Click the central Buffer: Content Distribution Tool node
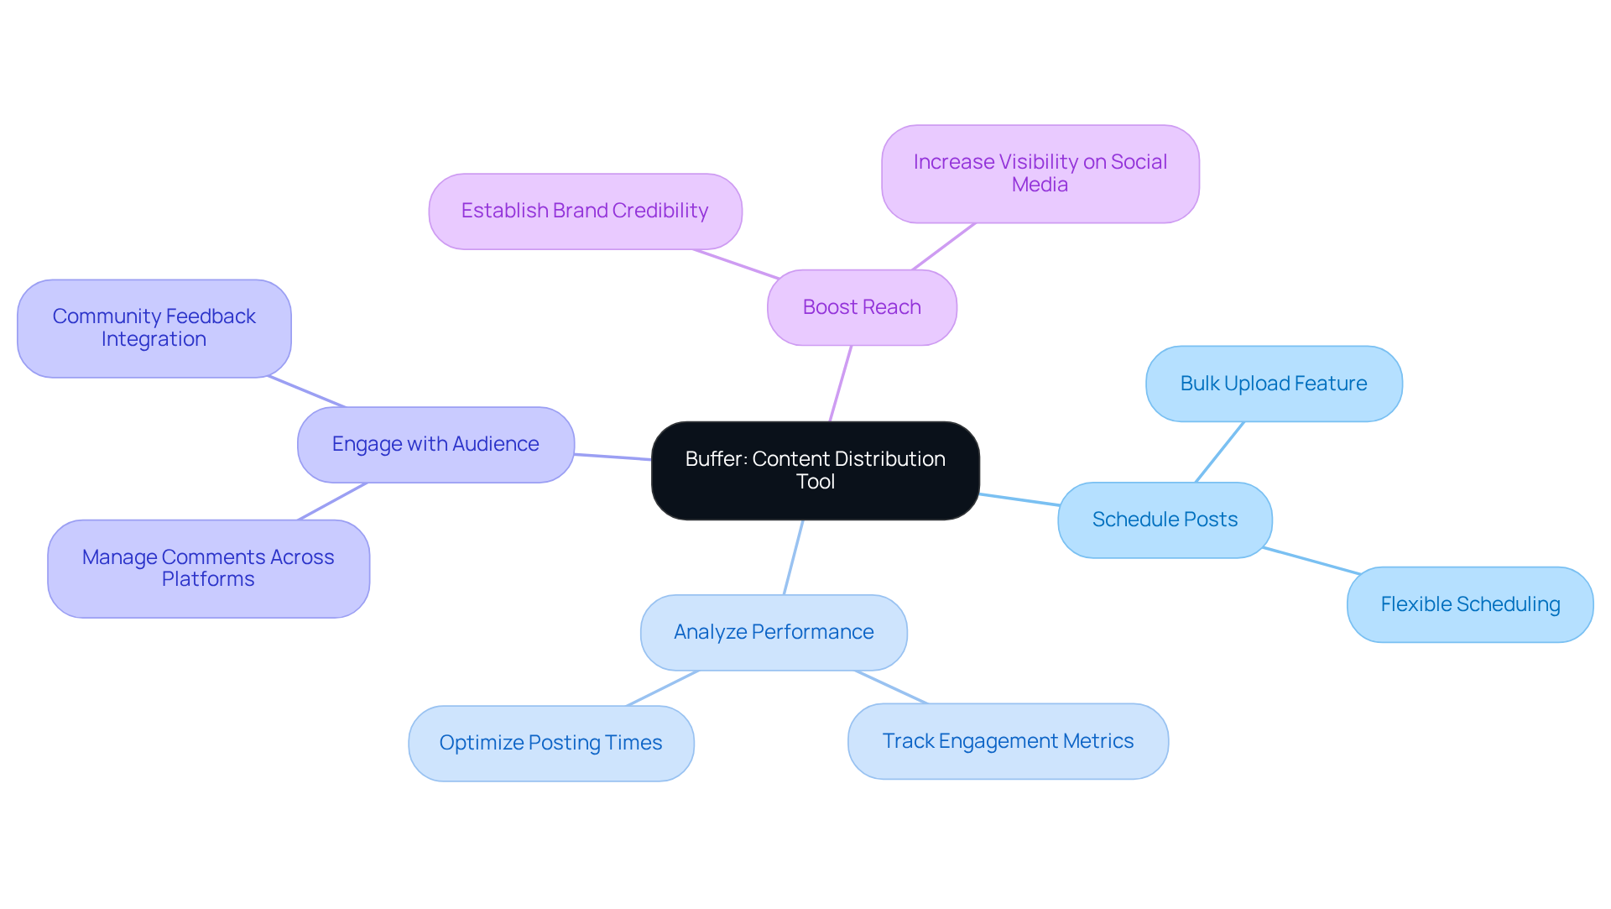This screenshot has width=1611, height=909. pyautogui.click(x=815, y=470)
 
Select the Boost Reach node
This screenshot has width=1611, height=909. pyautogui.click(x=862, y=307)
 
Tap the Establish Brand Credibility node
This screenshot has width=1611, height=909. pyautogui.click(x=585, y=211)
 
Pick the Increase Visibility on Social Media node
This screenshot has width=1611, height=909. pyautogui.click(x=1040, y=174)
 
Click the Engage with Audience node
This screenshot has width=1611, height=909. pyautogui.click(x=435, y=444)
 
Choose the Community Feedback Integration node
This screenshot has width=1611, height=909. pyautogui.click(x=154, y=328)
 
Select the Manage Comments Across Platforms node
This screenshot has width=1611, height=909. pyautogui.click(x=208, y=568)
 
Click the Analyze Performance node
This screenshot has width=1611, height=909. pyautogui.click(x=774, y=632)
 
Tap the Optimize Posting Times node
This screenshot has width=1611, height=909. pyautogui.click(x=550, y=743)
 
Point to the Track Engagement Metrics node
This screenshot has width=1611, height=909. pyautogui.click(x=1008, y=741)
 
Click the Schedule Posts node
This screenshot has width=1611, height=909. pyautogui.click(x=1165, y=520)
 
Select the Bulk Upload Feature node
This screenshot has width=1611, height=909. pyautogui.click(x=1273, y=384)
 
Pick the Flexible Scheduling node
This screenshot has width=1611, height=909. pyautogui.click(x=1470, y=604)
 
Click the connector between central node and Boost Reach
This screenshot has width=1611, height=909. pyautogui.click(x=841, y=383)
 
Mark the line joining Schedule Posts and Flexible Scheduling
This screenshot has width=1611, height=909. pyautogui.click(x=1311, y=561)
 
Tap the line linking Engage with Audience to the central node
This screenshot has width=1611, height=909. pyautogui.click(x=613, y=457)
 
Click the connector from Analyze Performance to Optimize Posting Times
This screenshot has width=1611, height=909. pyautogui.click(x=663, y=688)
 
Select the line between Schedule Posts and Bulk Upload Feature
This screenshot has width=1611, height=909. pyautogui.click(x=1219, y=452)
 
